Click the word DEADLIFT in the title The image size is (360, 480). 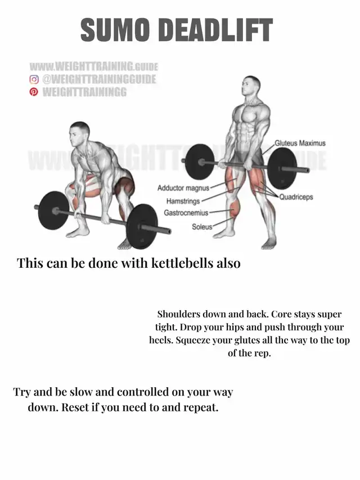pos(216,30)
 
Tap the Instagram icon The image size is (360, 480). pos(34,79)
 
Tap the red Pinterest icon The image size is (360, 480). pos(34,92)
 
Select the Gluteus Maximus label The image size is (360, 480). pos(300,143)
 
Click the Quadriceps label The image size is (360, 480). pos(296,197)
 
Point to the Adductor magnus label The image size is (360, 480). pos(183,188)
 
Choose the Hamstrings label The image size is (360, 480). pos(183,201)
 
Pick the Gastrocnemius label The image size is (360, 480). pos(186,213)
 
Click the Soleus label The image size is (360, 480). pos(202,227)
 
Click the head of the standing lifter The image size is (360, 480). pos(251,86)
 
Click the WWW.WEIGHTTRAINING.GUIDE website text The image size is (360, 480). pos(94,66)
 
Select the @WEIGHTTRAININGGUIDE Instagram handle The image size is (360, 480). pos(99,79)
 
